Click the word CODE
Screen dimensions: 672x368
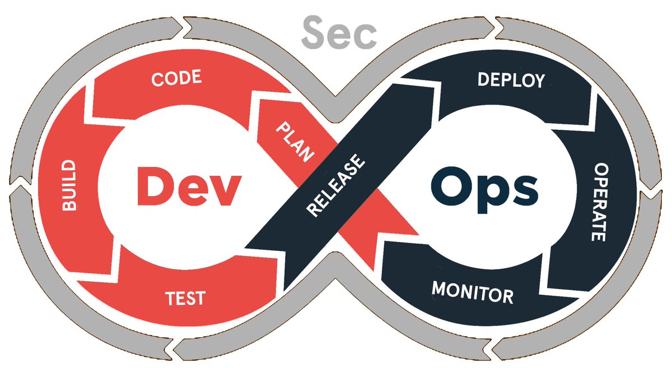(x=176, y=78)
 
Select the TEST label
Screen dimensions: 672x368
(x=185, y=298)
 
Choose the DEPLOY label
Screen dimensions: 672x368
(x=511, y=80)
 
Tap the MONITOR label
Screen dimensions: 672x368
(x=472, y=292)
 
